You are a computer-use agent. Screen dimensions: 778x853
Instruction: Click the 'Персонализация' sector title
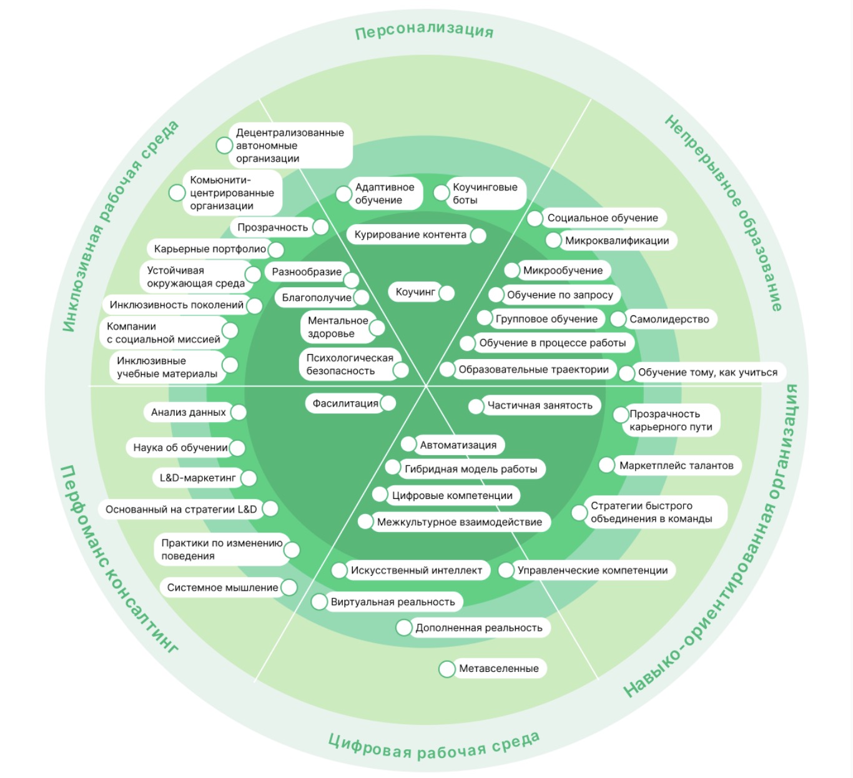pos(424,31)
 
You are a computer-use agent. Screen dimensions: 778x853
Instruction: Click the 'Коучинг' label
pos(415,292)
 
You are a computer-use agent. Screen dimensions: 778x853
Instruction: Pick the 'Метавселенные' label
pos(498,669)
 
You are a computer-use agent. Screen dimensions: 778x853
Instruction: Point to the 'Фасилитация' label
pos(345,403)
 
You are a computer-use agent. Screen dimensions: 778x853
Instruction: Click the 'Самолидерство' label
pos(669,319)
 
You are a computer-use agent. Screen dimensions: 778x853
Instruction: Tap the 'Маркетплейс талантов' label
pos(676,465)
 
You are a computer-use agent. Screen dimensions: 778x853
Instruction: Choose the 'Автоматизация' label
pos(458,445)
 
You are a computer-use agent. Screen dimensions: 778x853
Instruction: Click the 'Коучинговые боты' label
pos(485,194)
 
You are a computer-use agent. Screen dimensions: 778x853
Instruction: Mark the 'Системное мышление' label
pos(222,588)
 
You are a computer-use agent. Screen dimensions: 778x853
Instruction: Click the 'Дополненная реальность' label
pos(479,628)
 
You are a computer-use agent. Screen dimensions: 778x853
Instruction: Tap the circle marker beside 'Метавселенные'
pos(446,669)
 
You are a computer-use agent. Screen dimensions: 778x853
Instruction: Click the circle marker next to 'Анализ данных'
pos(238,412)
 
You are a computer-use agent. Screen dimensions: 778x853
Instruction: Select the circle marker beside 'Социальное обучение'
pos(535,219)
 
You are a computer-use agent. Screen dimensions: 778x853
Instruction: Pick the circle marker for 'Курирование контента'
pos(478,235)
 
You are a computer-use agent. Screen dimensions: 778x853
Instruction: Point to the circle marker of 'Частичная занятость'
pos(476,406)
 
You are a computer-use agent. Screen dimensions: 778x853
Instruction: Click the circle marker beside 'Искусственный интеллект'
pos(339,570)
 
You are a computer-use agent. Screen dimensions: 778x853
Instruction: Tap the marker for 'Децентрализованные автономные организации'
pos(224,145)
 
